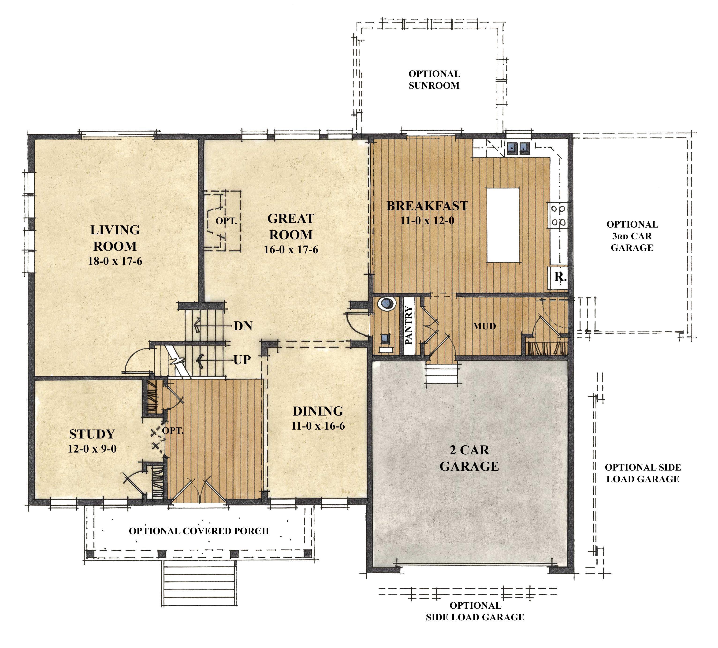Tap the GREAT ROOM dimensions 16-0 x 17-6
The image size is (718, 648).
click(291, 250)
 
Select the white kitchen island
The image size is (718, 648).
click(503, 225)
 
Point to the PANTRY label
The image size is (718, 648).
click(409, 325)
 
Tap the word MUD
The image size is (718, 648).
click(484, 326)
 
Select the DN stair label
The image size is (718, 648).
click(243, 326)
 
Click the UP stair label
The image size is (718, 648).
click(242, 360)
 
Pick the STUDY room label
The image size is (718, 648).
click(92, 434)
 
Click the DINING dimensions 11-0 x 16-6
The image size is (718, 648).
click(318, 426)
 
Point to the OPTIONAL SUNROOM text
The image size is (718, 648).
click(434, 80)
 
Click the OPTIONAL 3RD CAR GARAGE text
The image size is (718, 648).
click(632, 236)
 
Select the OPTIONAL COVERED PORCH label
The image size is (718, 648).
click(199, 531)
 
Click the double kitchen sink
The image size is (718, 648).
click(518, 148)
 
